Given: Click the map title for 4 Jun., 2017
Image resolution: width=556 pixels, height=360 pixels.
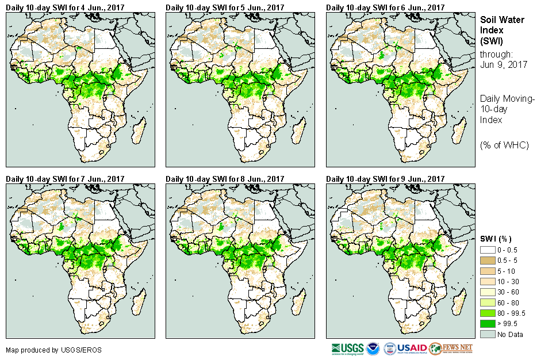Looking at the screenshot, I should click(x=65, y=7).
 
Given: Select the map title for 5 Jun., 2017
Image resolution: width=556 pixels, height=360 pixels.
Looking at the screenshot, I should click(x=225, y=7).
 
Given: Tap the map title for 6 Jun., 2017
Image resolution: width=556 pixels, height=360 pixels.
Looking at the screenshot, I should click(x=385, y=7).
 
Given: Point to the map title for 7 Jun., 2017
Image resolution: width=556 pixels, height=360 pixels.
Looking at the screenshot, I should click(x=65, y=179).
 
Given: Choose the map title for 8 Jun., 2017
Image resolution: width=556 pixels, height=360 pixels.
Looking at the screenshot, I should click(x=225, y=179).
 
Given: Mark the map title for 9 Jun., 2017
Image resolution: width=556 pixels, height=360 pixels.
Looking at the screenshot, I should click(x=385, y=179).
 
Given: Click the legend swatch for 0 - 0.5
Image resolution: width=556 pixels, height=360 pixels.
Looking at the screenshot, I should click(x=488, y=250).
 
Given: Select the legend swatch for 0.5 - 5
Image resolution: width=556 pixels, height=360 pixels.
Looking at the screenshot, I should click(x=488, y=261).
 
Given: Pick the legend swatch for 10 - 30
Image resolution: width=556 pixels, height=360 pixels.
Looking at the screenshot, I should click(x=488, y=282).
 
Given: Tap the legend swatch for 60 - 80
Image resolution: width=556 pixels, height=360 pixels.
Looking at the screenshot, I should click(x=488, y=302).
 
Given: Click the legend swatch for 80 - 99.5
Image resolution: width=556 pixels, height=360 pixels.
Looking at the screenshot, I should click(x=488, y=313).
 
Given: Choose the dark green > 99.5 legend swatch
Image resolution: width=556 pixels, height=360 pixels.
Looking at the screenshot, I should click(x=488, y=324).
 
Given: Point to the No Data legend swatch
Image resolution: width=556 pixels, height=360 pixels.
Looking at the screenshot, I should click(x=488, y=334).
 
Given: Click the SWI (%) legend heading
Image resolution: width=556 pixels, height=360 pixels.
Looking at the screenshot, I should click(x=496, y=239).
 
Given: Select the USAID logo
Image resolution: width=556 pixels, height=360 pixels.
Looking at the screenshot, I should click(x=411, y=348).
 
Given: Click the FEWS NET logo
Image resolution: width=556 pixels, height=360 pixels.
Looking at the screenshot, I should click(x=451, y=348).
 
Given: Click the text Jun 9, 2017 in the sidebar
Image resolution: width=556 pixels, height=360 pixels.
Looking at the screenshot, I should click(x=504, y=65).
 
